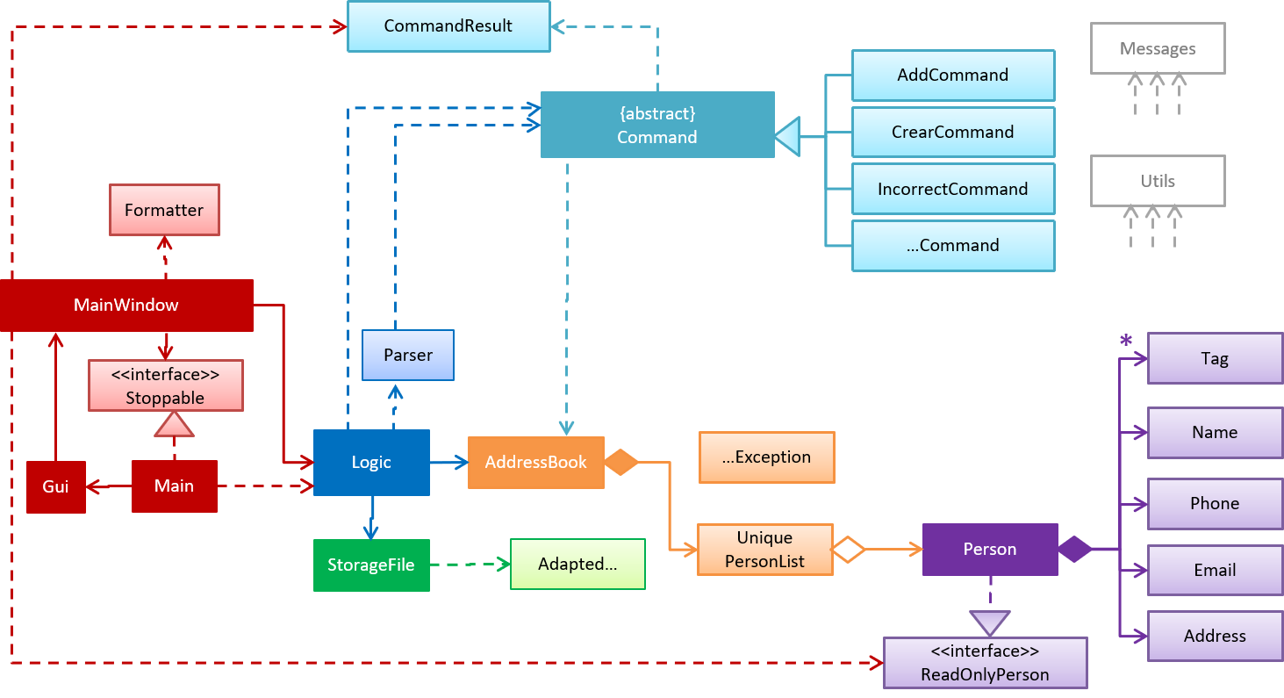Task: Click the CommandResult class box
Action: [448, 26]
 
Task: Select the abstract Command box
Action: [657, 125]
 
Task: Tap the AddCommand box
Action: [952, 76]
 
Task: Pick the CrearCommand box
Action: [952, 132]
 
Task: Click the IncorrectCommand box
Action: [952, 189]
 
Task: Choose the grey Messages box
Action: [1157, 48]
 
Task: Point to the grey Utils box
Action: [1157, 181]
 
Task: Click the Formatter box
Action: [164, 210]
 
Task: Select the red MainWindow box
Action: [126, 306]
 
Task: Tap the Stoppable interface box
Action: [165, 386]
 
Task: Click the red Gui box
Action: [55, 486]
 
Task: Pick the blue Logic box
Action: [371, 463]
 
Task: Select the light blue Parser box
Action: [408, 355]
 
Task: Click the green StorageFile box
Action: [371, 565]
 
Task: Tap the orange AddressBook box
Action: [535, 463]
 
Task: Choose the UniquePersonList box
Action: [764, 550]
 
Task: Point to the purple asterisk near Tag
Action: [1126, 341]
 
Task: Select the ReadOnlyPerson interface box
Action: [985, 663]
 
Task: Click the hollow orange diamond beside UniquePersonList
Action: [849, 550]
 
